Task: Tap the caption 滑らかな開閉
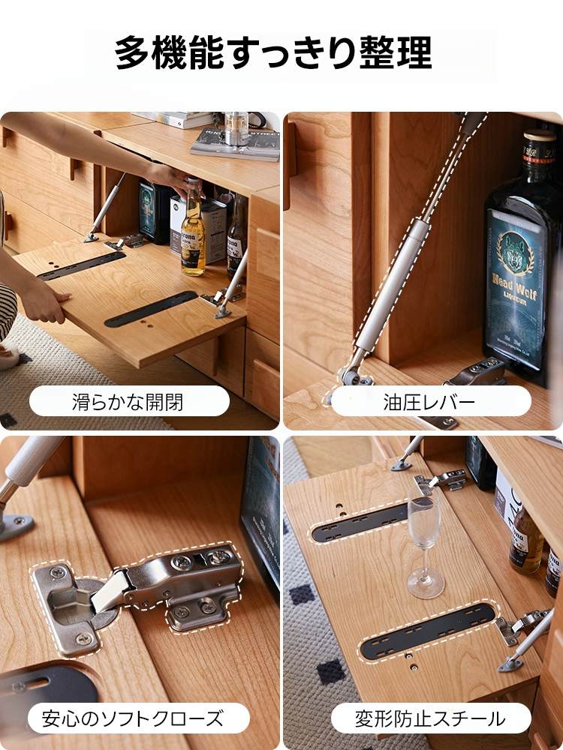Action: tap(128, 401)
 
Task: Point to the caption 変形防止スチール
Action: tap(430, 718)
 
